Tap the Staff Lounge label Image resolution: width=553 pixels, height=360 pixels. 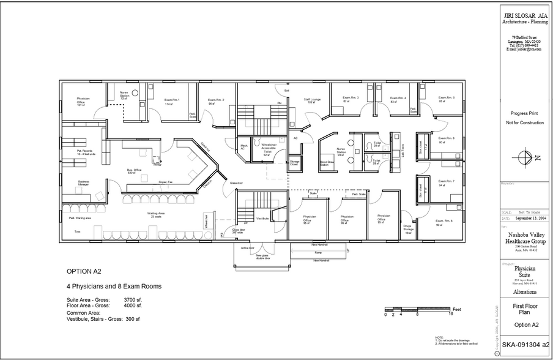(x=312, y=100)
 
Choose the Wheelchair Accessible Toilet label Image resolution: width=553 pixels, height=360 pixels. (x=267, y=151)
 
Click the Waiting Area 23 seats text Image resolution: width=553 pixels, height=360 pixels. (x=155, y=216)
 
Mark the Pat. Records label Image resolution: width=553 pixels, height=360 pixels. (x=84, y=152)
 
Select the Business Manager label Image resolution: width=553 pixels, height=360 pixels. (x=84, y=183)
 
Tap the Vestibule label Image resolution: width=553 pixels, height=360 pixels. (x=262, y=219)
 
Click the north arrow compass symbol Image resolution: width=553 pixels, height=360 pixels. (x=524, y=157)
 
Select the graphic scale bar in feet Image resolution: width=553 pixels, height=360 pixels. (x=418, y=309)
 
